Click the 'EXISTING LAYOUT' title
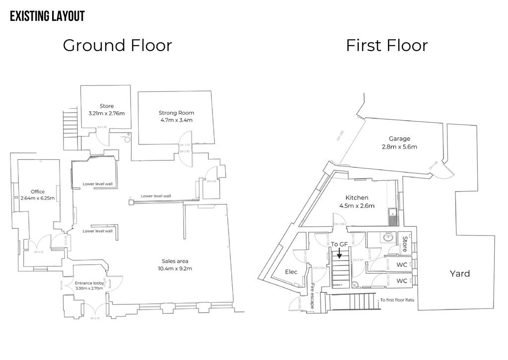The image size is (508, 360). [x=47, y=16]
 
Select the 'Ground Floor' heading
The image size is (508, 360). [x=117, y=45]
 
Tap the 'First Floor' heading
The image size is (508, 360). [x=386, y=45]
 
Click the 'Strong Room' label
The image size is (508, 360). [x=176, y=113]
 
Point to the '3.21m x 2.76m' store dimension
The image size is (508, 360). [x=106, y=113]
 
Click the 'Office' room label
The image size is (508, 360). [x=38, y=192]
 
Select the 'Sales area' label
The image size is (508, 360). [x=175, y=261]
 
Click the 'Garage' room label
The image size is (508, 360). [x=399, y=139]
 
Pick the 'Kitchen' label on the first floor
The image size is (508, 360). [x=357, y=199]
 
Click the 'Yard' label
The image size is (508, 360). [x=459, y=274]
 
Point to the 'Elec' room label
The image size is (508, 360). [x=291, y=272]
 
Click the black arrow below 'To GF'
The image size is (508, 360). [x=339, y=253]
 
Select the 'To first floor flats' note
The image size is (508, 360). [x=396, y=300]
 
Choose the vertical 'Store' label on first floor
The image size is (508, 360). [x=405, y=244]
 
